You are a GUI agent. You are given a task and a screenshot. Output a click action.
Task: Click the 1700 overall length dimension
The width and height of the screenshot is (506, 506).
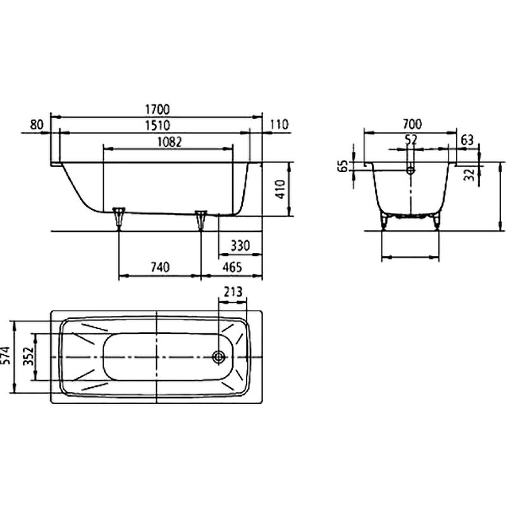click(157, 109)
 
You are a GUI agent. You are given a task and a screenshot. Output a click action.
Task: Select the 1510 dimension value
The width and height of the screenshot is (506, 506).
click(157, 125)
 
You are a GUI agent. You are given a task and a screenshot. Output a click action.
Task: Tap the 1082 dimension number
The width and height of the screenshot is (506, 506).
click(170, 142)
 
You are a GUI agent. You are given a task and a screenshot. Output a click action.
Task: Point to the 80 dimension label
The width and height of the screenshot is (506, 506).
click(37, 125)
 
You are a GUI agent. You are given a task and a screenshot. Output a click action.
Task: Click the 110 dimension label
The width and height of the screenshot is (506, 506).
click(278, 125)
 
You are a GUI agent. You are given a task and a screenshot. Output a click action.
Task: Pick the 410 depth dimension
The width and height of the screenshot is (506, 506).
click(281, 189)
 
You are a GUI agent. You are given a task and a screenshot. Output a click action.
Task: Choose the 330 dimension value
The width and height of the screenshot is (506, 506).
click(240, 246)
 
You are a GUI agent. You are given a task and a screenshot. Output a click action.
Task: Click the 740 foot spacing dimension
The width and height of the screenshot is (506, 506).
click(160, 267)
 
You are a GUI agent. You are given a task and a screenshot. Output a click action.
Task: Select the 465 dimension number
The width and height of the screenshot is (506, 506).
click(232, 267)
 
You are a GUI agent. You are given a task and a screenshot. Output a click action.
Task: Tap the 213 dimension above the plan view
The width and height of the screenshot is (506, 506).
click(233, 292)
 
